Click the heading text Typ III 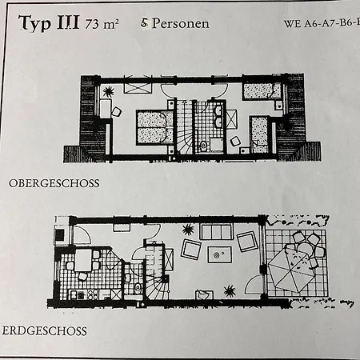point(49,23)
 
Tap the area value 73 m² point(102,24)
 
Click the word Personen point(181,23)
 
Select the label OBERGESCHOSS point(54,183)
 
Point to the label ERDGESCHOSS point(44,331)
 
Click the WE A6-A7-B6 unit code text point(322,23)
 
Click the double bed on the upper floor point(155,127)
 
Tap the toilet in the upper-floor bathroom point(203,146)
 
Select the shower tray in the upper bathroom point(217,145)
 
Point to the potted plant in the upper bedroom point(109,92)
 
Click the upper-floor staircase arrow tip point(184,102)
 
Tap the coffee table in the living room point(219,254)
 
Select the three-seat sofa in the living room point(216,232)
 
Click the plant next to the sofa point(188,230)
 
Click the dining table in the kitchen point(83,260)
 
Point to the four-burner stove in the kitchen point(93,294)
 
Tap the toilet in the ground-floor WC point(138,288)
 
